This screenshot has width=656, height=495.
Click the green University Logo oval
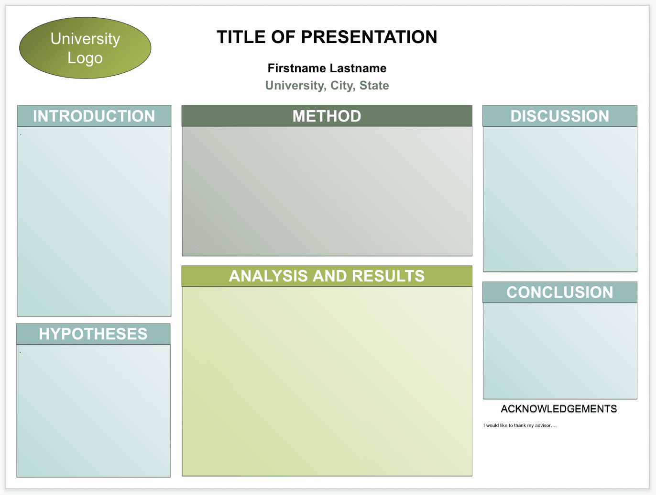85,48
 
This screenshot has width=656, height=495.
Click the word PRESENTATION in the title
369,37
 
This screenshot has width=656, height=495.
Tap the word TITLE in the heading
241,37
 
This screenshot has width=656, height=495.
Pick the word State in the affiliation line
374,86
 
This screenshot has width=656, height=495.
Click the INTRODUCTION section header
94,116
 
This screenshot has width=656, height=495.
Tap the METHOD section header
327,116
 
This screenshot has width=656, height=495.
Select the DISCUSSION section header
560,116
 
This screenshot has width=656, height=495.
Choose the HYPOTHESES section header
93,334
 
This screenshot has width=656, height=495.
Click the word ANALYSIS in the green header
268,276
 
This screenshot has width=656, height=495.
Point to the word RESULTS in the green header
388,276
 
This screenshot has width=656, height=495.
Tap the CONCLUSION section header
560,292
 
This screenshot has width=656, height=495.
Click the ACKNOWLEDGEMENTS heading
559,409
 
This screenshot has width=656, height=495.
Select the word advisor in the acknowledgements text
543,425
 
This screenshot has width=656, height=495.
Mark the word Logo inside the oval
85,58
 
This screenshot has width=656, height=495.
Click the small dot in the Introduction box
21,135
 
